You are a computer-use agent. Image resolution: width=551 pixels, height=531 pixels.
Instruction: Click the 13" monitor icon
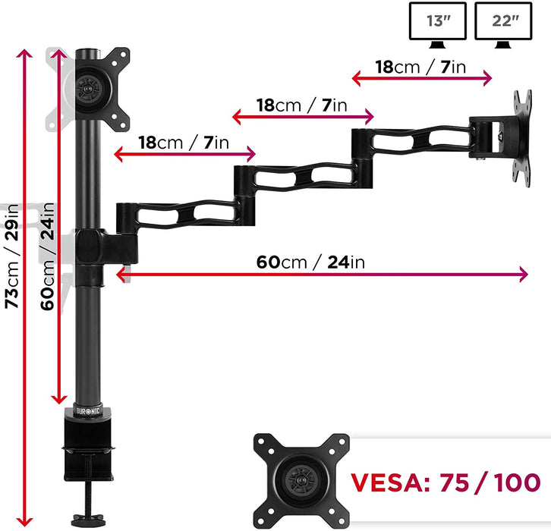438,22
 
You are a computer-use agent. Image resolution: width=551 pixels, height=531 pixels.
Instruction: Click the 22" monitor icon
502,22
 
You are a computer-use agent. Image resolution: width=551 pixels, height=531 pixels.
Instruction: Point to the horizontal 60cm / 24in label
311,262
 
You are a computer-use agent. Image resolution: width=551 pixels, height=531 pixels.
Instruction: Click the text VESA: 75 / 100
445,482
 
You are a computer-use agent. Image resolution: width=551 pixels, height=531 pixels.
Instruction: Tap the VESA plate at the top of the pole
102,86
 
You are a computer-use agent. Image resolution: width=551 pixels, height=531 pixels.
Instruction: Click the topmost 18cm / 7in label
420,67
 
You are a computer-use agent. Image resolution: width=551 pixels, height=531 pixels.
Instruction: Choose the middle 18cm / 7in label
301,105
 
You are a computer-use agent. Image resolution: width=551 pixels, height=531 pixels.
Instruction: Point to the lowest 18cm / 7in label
184,143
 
